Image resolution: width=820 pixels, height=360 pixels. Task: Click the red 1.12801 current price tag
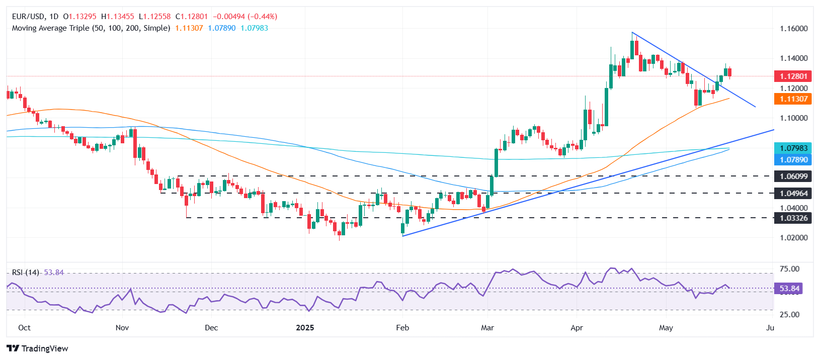pos(793,76)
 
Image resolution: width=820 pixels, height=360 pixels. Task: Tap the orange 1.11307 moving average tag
pos(793,99)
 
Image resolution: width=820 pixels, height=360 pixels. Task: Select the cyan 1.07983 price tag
pos(793,148)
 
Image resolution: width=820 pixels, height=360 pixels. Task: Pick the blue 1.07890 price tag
pos(793,160)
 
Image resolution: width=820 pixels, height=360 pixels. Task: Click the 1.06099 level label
pos(793,176)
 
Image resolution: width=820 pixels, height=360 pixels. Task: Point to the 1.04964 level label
pos(793,193)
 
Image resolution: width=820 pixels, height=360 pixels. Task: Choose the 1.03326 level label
pos(793,218)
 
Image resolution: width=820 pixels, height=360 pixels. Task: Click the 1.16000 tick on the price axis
pos(793,29)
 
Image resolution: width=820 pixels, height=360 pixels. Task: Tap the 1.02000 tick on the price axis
pos(793,237)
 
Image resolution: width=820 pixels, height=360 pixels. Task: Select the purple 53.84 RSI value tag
pos(789,289)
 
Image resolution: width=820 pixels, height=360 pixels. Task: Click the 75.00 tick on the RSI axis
pos(789,269)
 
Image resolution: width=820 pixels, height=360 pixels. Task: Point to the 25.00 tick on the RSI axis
pos(789,315)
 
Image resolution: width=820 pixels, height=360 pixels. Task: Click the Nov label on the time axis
pos(122,328)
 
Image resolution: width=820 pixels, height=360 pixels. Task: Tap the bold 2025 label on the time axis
pos(305,328)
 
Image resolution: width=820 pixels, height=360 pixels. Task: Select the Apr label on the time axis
pos(577,328)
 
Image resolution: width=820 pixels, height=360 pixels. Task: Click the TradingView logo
pos(38,348)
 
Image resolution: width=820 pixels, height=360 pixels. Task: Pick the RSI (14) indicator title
pos(26,273)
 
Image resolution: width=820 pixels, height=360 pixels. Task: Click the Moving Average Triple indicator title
pos(91,28)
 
